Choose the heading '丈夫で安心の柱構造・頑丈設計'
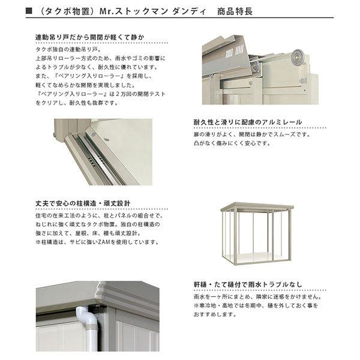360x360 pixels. (x=83, y=203)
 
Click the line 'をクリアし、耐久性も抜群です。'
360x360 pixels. (x=77, y=103)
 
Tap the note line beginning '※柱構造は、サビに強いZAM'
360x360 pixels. (x=97, y=242)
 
